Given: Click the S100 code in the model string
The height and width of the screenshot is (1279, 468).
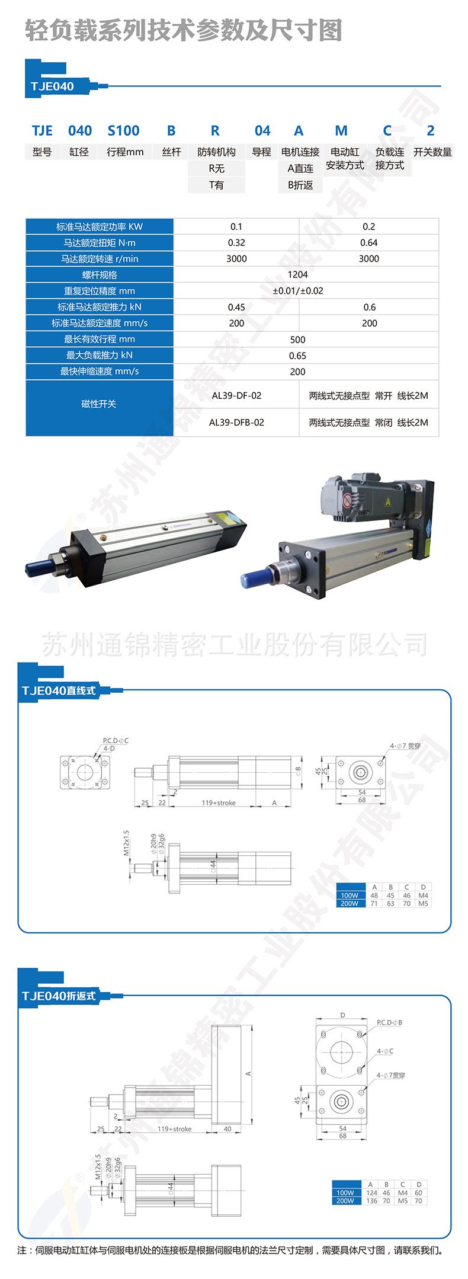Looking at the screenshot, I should click(123, 130).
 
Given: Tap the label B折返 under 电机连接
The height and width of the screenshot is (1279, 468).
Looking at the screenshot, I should click(300, 185).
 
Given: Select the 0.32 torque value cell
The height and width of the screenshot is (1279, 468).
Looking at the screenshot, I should click(236, 242).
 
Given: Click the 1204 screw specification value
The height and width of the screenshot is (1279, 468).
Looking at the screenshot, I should click(297, 274).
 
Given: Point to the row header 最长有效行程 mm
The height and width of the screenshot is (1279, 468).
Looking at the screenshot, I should click(100, 339).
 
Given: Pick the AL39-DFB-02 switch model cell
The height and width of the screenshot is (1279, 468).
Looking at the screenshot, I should click(236, 423).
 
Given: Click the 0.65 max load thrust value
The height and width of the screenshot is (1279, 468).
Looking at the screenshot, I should click(297, 356).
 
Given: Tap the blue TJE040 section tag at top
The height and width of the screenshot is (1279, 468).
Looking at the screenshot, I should click(52, 87).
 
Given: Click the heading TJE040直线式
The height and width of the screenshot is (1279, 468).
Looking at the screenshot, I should click(58, 690).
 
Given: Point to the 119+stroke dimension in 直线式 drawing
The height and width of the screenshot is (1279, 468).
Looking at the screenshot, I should click(218, 802).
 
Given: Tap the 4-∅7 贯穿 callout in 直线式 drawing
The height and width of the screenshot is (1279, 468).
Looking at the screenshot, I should click(405, 746).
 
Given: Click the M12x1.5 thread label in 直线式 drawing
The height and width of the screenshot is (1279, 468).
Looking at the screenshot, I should click(126, 842).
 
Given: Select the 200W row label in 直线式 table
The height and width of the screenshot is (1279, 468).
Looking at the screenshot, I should click(349, 903).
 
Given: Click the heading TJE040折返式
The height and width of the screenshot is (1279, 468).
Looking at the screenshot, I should click(58, 996).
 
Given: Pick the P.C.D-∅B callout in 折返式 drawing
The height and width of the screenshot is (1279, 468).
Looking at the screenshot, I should click(389, 1022).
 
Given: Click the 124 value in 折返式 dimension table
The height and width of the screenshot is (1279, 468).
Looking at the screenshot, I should click(371, 1192).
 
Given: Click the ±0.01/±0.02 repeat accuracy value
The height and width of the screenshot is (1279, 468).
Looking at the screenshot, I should click(297, 291).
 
